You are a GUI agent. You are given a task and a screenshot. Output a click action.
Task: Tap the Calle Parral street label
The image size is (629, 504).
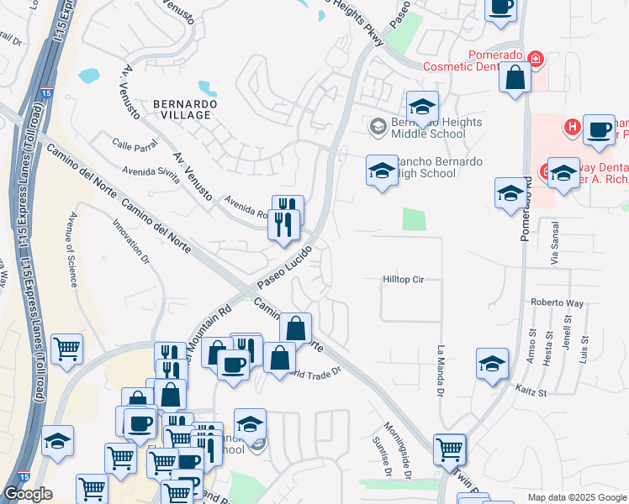(x=135, y=144)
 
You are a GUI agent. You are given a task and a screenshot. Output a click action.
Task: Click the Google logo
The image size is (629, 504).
(x=28, y=494)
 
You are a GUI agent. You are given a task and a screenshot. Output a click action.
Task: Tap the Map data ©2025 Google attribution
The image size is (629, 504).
(x=576, y=497)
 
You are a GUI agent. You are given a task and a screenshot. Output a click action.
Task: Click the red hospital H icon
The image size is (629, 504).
(x=572, y=128)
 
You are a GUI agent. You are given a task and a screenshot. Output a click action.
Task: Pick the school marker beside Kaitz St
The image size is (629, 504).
(x=492, y=363)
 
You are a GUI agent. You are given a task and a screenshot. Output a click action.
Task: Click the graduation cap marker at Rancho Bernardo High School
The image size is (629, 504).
(x=382, y=170)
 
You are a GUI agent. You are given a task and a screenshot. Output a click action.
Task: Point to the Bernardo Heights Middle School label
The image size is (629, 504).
(x=428, y=128)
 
